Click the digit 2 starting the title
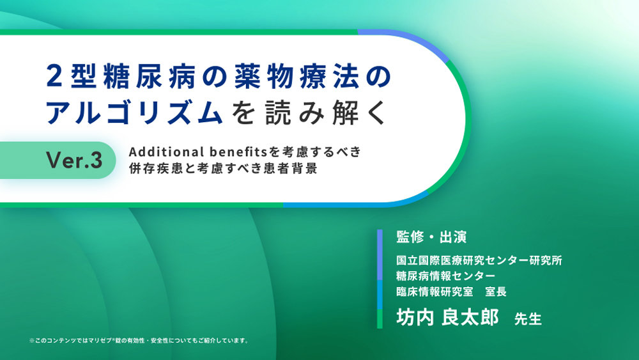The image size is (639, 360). (x=54, y=77)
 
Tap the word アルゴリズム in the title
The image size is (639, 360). (x=134, y=112)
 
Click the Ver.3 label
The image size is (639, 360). (x=74, y=160)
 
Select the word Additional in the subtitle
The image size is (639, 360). (x=167, y=152)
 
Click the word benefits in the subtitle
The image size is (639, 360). (x=239, y=152)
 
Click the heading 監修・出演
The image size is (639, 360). (x=431, y=237)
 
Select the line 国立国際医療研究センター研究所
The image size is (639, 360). (x=479, y=260)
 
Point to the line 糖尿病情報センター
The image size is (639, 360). (x=445, y=276)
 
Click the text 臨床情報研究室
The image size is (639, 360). (x=435, y=291)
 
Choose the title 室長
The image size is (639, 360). (x=496, y=291)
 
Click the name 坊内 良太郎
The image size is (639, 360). (x=447, y=317)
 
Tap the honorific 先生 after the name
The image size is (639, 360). (x=528, y=319)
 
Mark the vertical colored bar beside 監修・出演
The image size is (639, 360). (x=380, y=279)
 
